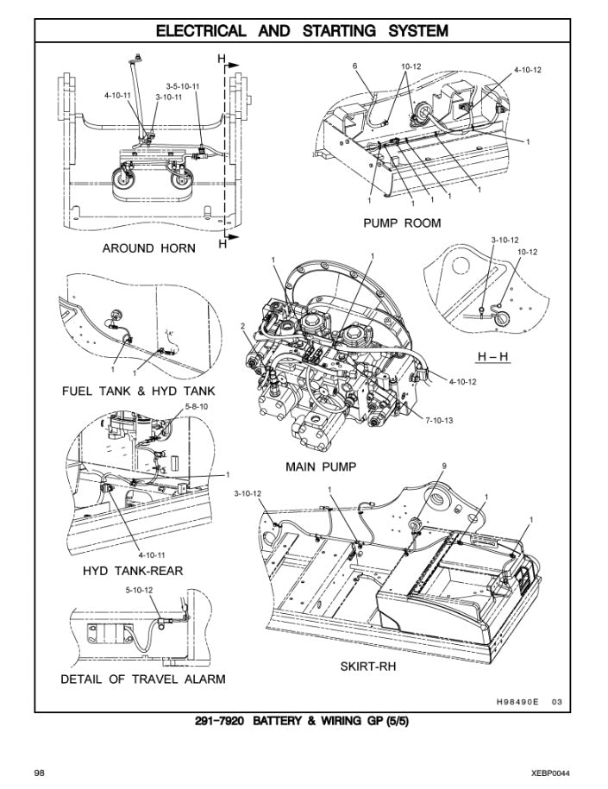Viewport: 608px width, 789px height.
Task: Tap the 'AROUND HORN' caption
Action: [148, 248]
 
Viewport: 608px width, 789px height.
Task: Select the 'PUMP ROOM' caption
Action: [402, 223]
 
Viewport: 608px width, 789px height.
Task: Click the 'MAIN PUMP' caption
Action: [321, 467]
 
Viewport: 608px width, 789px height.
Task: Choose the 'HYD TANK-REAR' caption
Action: [133, 571]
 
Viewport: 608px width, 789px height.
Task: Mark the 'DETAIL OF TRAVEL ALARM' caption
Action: [143, 679]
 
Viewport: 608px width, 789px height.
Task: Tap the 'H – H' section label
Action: [494, 357]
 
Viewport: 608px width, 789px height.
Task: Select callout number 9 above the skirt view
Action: [443, 467]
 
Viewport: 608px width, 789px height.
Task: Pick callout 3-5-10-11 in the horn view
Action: [183, 86]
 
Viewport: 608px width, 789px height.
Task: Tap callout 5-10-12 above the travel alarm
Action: [139, 591]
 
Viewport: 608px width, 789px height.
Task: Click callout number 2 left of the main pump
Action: [243, 326]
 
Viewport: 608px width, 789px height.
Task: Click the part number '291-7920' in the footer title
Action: [223, 721]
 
